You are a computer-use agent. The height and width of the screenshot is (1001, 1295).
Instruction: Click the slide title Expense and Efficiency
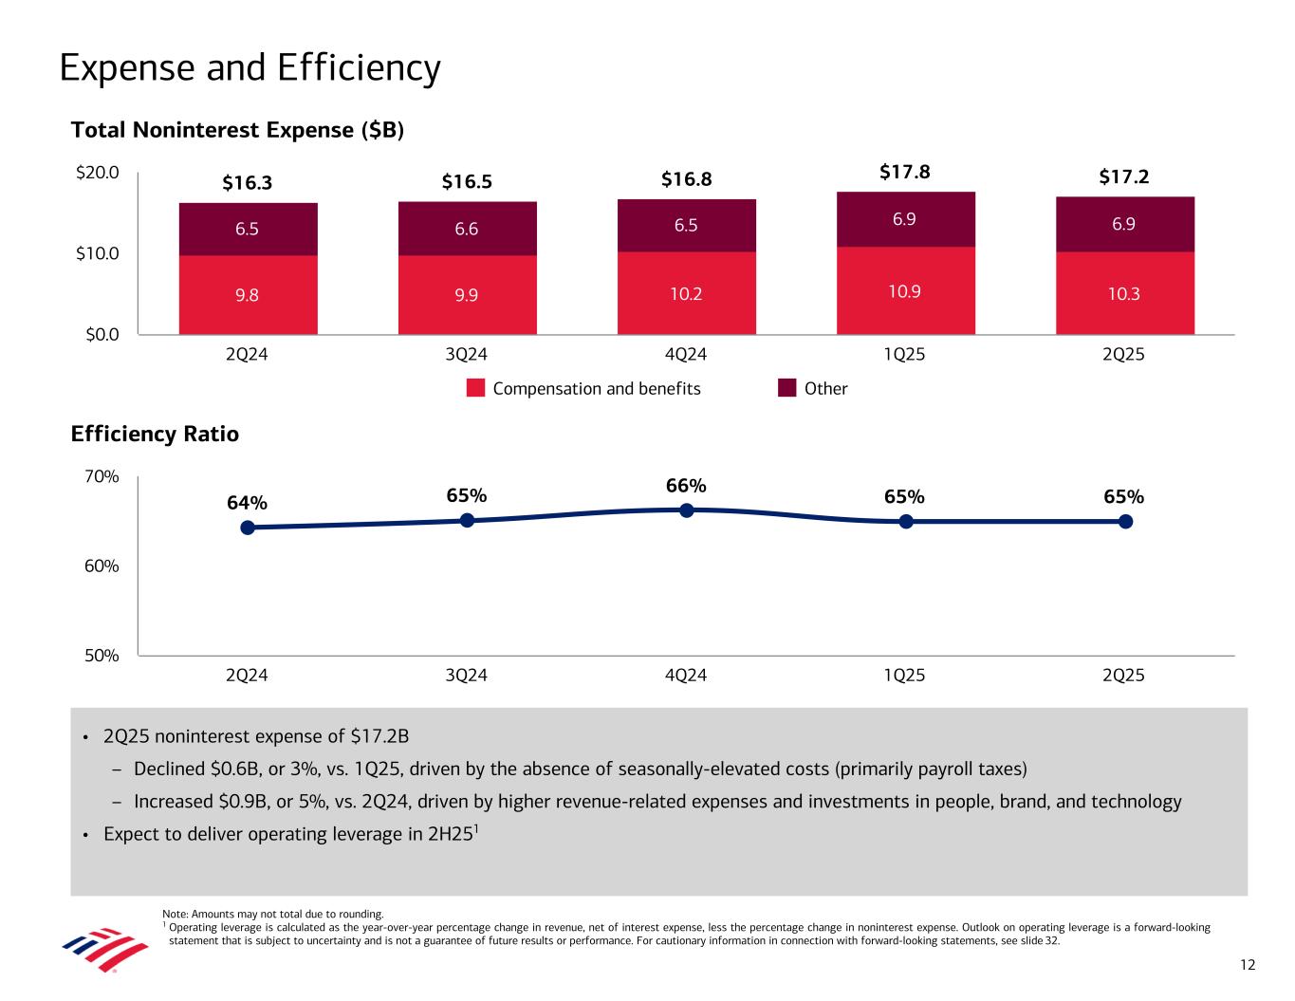click(250, 68)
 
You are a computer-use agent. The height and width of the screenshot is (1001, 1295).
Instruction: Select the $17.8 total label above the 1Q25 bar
click(904, 172)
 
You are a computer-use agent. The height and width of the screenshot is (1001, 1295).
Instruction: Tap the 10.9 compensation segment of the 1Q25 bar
click(905, 291)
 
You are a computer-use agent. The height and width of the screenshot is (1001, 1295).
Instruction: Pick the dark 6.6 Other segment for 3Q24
click(467, 228)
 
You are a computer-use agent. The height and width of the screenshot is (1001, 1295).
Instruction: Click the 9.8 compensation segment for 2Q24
click(248, 294)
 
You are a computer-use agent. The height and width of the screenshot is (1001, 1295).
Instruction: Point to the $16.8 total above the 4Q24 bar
click(686, 179)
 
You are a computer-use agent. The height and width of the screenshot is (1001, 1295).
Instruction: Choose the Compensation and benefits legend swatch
click(476, 388)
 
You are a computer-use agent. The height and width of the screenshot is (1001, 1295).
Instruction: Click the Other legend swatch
click(787, 388)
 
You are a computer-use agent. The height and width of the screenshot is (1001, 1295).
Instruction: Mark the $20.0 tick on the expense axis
click(99, 173)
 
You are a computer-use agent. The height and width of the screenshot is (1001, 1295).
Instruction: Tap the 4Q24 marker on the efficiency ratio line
click(687, 510)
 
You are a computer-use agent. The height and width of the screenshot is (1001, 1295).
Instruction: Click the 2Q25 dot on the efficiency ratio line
click(1125, 521)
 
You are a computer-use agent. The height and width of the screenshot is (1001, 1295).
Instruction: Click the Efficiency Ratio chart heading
click(155, 435)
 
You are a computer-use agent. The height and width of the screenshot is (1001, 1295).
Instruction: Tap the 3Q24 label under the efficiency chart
click(466, 676)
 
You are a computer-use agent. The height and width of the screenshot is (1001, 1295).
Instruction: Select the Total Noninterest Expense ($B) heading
click(237, 131)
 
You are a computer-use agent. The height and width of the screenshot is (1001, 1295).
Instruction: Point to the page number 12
click(1248, 965)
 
